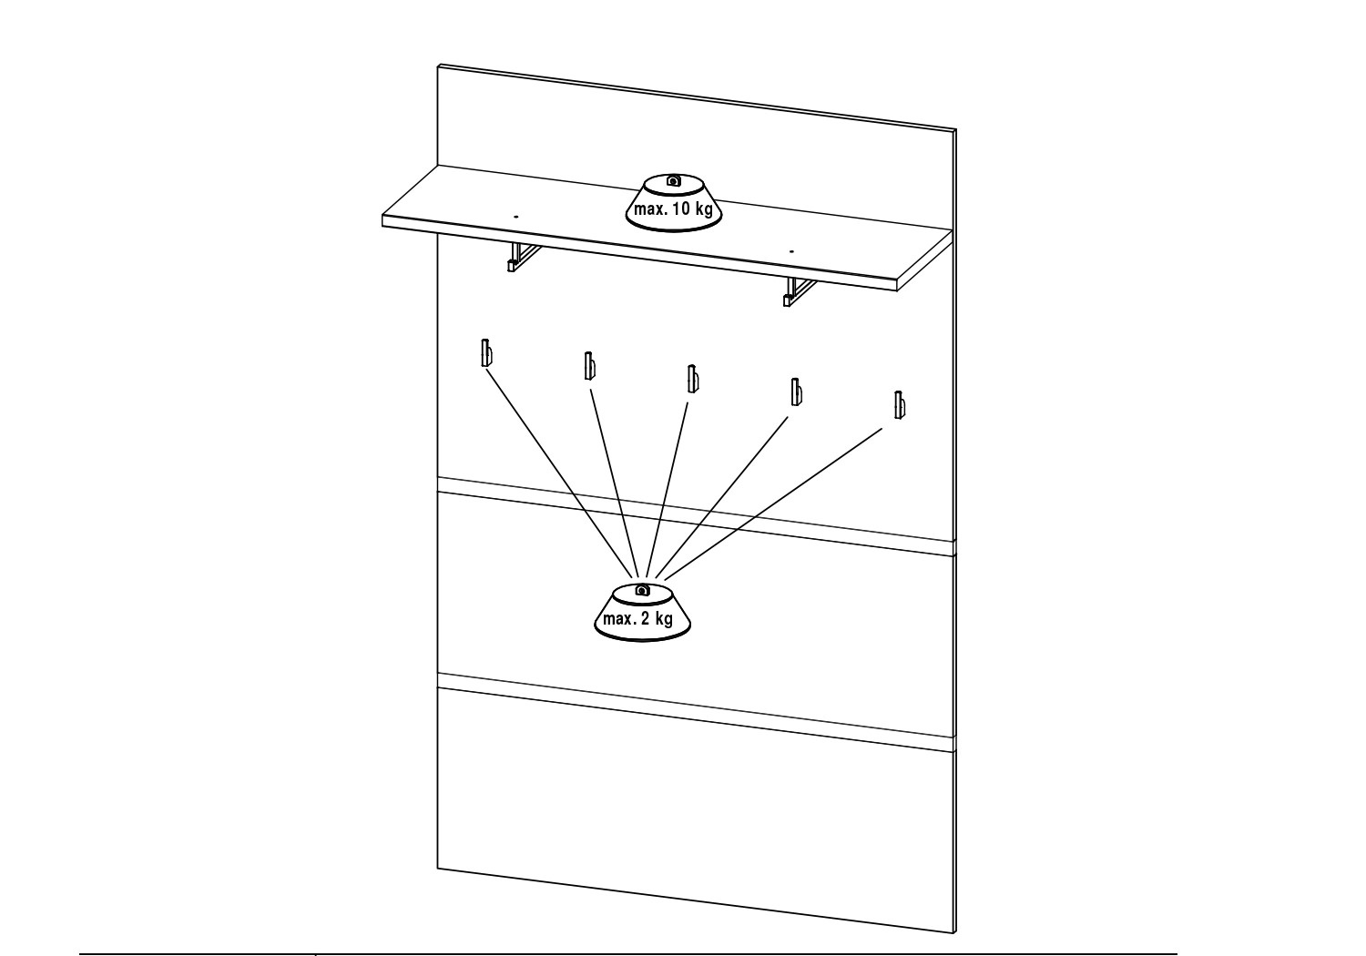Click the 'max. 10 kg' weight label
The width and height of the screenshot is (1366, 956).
[x=673, y=209]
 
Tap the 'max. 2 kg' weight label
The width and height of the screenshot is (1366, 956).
[x=637, y=619]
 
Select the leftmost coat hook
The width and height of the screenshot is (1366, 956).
[x=486, y=353]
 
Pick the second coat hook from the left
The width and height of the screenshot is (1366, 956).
[x=589, y=366]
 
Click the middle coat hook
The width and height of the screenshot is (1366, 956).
[x=692, y=379]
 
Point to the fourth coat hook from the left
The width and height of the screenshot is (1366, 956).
[x=795, y=392]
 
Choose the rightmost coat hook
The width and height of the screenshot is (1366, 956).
[x=899, y=405]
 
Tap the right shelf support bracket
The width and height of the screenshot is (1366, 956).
[x=798, y=291]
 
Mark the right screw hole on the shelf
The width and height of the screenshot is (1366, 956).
[x=791, y=250]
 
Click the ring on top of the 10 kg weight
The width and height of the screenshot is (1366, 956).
[x=673, y=180]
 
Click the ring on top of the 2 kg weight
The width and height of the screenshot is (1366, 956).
[x=641, y=590]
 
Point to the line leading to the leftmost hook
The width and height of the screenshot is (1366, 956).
[x=560, y=473]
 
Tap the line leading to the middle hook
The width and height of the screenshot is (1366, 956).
[x=668, y=489]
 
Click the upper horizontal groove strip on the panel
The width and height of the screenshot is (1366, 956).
[x=696, y=516]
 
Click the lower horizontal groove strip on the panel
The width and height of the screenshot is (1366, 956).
[x=696, y=712]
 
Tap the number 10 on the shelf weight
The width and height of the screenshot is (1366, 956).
[x=681, y=209]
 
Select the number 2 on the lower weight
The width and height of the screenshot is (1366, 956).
[x=645, y=619]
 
